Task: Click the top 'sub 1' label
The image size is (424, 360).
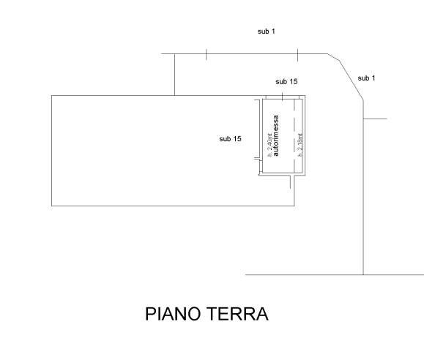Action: [267, 31]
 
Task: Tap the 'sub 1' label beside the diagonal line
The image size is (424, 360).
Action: [366, 78]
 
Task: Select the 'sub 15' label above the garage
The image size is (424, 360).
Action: [286, 81]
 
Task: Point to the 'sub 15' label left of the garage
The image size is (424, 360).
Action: [231, 139]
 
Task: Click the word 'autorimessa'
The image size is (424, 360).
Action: [275, 135]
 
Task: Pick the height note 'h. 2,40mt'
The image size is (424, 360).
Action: [269, 145]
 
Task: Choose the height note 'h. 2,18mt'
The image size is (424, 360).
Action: [300, 145]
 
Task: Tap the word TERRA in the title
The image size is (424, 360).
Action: [238, 314]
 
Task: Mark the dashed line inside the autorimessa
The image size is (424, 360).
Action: [294, 136]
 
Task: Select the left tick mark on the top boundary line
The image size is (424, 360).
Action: [207, 54]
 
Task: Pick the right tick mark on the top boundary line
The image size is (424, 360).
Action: [297, 55]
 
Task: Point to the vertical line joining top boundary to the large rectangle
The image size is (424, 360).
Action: [175, 75]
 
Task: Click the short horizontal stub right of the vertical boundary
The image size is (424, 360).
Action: [375, 119]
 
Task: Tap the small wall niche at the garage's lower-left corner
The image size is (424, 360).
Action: [261, 167]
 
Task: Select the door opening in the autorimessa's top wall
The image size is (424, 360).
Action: [283, 97]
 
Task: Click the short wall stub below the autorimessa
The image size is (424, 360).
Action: [291, 181]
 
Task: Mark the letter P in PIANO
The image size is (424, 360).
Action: [151, 314]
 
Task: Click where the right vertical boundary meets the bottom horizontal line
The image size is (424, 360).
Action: [363, 275]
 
